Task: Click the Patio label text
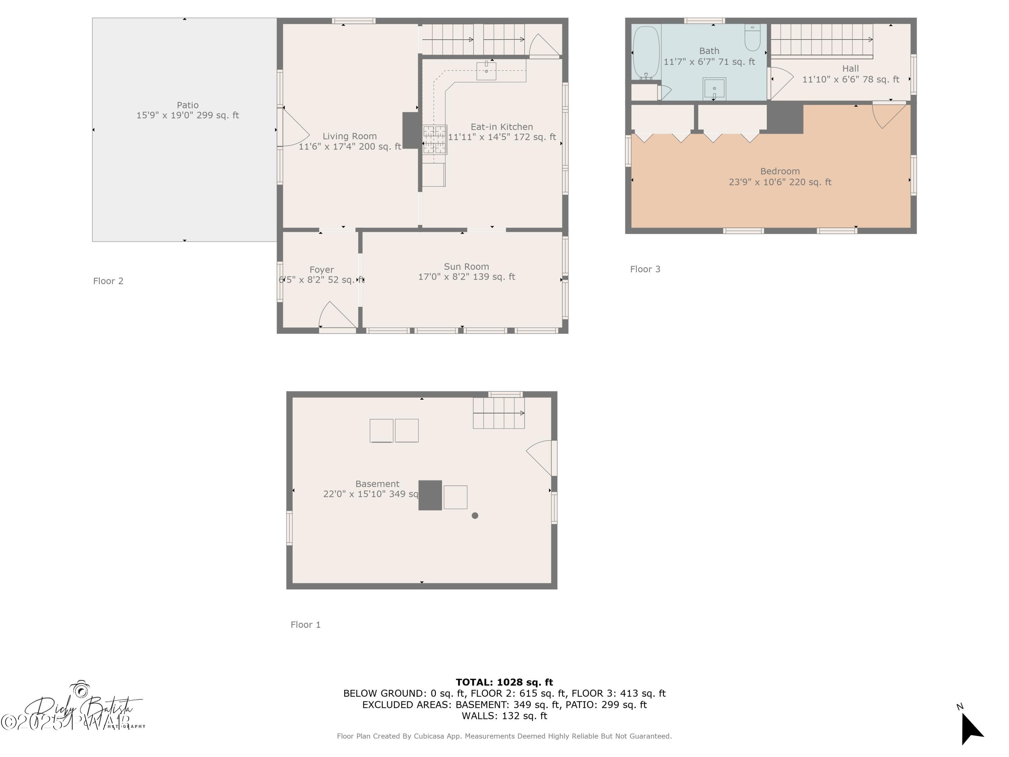(x=187, y=105)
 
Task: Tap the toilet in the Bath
(x=752, y=38)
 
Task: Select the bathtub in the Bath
(x=646, y=52)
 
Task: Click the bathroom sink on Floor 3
(x=714, y=88)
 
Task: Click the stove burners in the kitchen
(x=434, y=139)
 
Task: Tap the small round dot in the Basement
(x=475, y=516)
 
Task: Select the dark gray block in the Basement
(x=430, y=495)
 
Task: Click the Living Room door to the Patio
(x=294, y=128)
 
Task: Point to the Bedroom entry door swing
(x=888, y=115)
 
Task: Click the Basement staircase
(x=498, y=413)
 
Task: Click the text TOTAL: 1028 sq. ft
(x=504, y=682)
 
